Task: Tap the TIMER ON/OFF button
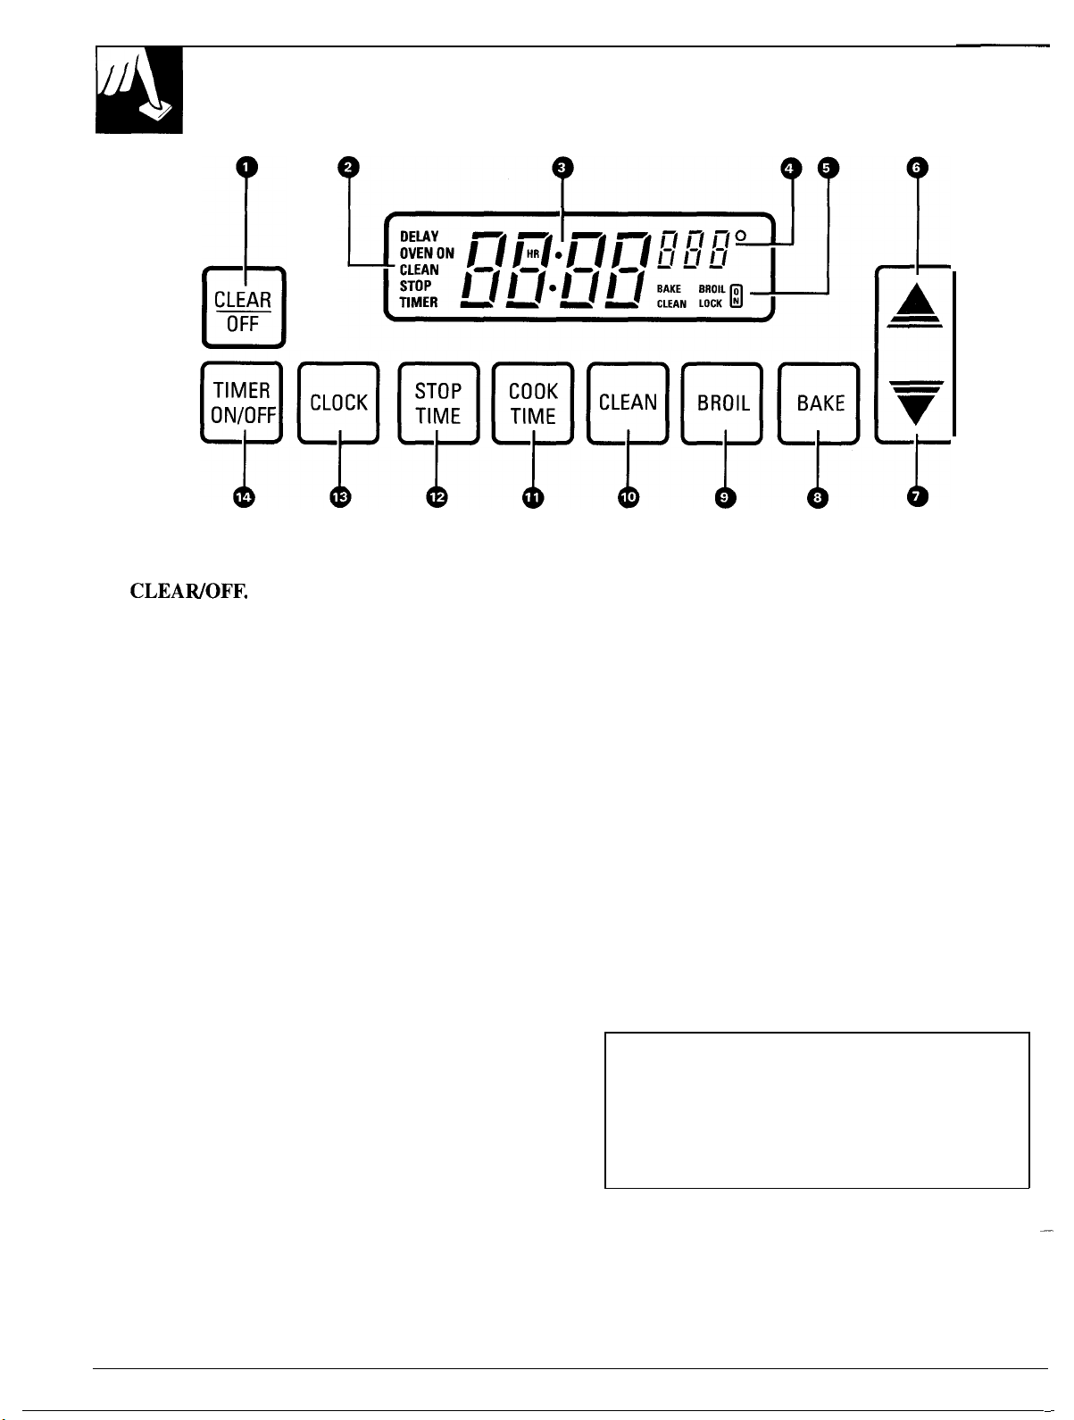[242, 403]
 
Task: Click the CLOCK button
[338, 403]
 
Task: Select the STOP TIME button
[438, 403]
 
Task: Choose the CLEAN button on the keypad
[628, 403]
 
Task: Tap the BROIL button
[722, 403]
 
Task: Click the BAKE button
[819, 403]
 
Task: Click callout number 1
[246, 167]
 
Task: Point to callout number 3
[562, 168]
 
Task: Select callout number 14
[244, 497]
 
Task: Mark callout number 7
[917, 496]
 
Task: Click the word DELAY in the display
[420, 237]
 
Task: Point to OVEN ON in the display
[427, 253]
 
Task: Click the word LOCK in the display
[711, 303]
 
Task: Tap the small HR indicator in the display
[533, 254]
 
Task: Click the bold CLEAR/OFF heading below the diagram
[189, 591]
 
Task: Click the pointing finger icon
[139, 90]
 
